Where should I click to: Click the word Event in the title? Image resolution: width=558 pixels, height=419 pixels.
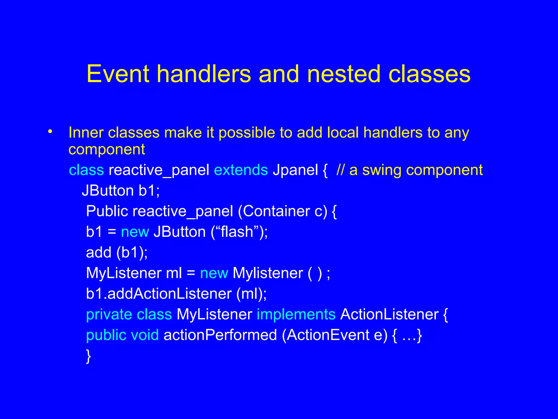(x=118, y=74)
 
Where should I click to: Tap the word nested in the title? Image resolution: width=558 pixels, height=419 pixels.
(x=344, y=74)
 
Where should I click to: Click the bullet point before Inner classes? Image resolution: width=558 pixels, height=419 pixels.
(x=50, y=132)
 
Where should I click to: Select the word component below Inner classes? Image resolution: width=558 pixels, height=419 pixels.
(x=107, y=149)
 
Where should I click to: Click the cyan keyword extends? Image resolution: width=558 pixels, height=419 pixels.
(x=241, y=170)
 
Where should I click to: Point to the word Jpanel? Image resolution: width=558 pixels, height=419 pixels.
(x=295, y=170)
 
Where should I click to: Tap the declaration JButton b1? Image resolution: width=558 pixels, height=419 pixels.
(x=121, y=190)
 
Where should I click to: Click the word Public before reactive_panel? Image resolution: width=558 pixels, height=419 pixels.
(x=107, y=211)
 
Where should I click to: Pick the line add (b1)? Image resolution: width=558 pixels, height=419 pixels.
(x=117, y=252)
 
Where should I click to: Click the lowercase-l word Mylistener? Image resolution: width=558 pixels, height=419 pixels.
(x=268, y=273)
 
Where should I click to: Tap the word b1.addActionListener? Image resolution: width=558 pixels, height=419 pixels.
(x=159, y=294)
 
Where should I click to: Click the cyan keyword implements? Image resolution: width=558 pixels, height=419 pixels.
(x=296, y=315)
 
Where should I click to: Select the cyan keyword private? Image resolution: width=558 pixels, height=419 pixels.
(x=109, y=315)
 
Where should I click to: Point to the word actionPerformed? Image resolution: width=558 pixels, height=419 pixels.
(x=220, y=335)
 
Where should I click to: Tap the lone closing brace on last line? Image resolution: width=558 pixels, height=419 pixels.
(x=88, y=356)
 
